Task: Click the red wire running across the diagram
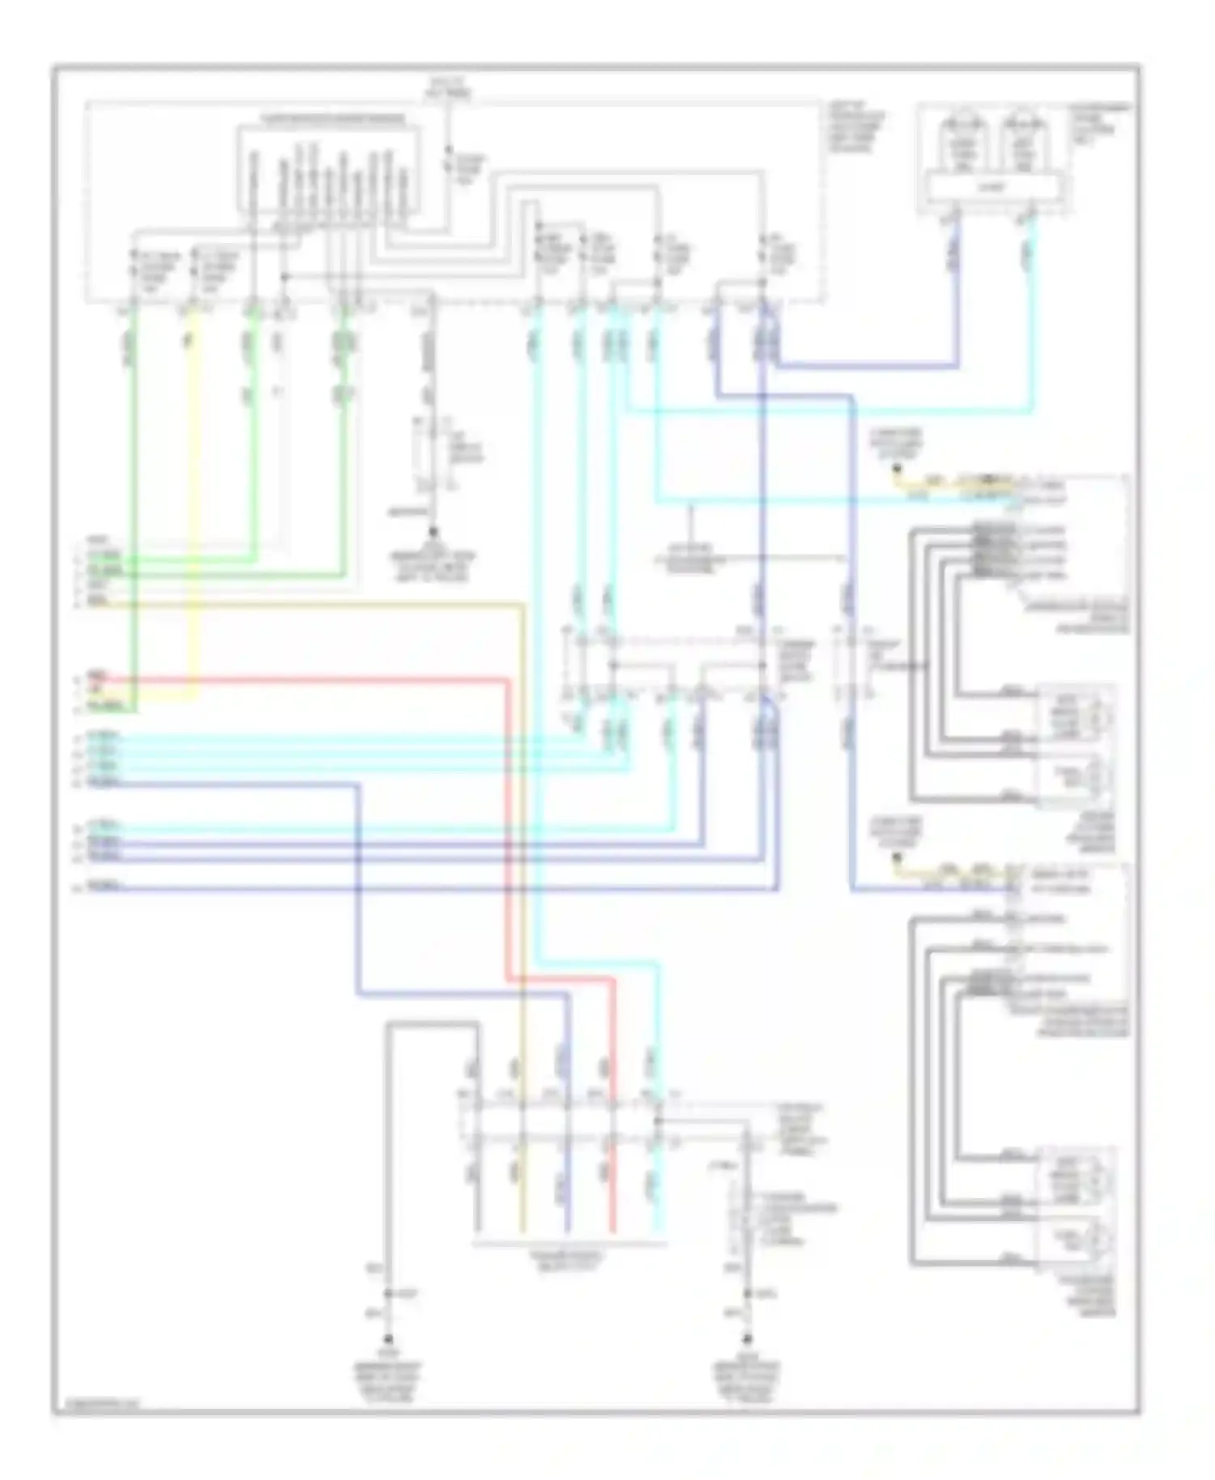pos(324,681)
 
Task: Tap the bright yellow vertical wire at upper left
pos(194,486)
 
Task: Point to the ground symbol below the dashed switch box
pos(433,534)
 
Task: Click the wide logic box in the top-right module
pos(992,188)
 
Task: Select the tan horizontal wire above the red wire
pos(324,604)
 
